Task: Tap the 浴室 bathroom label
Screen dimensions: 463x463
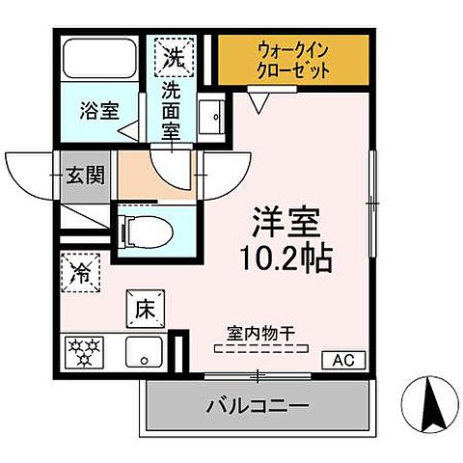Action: [x=99, y=109]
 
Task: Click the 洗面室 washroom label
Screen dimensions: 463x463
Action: [x=171, y=111]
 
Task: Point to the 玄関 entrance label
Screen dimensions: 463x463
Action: [x=85, y=177]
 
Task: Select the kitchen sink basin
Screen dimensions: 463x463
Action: [x=146, y=352]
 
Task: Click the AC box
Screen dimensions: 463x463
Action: [x=343, y=360]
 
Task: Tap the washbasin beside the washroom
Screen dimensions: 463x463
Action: [x=213, y=117]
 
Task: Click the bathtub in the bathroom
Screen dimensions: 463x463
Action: [x=98, y=60]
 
